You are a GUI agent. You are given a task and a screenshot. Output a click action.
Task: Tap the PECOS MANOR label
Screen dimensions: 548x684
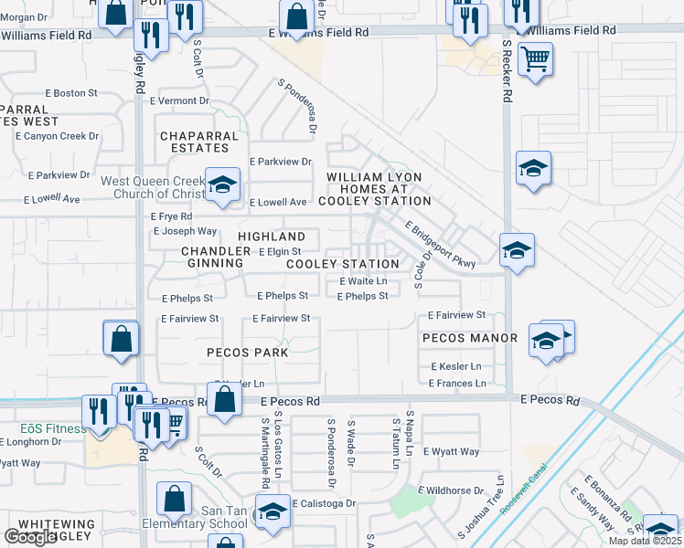(x=470, y=338)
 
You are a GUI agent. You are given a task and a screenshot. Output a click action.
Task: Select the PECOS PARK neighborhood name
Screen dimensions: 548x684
(x=247, y=352)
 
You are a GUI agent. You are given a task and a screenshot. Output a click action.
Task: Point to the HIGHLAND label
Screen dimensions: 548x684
(x=272, y=237)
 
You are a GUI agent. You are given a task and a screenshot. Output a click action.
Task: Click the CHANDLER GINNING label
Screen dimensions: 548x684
(x=212, y=257)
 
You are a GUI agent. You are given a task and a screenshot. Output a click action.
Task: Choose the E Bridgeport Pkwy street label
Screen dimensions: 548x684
(x=440, y=246)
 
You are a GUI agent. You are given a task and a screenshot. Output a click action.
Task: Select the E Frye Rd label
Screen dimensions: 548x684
(x=171, y=216)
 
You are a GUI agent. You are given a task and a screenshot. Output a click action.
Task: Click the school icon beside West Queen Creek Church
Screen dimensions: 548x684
(x=220, y=185)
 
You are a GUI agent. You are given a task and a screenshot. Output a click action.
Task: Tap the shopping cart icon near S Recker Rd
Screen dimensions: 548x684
(x=535, y=59)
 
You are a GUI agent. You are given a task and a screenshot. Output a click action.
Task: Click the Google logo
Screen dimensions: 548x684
(x=30, y=537)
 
